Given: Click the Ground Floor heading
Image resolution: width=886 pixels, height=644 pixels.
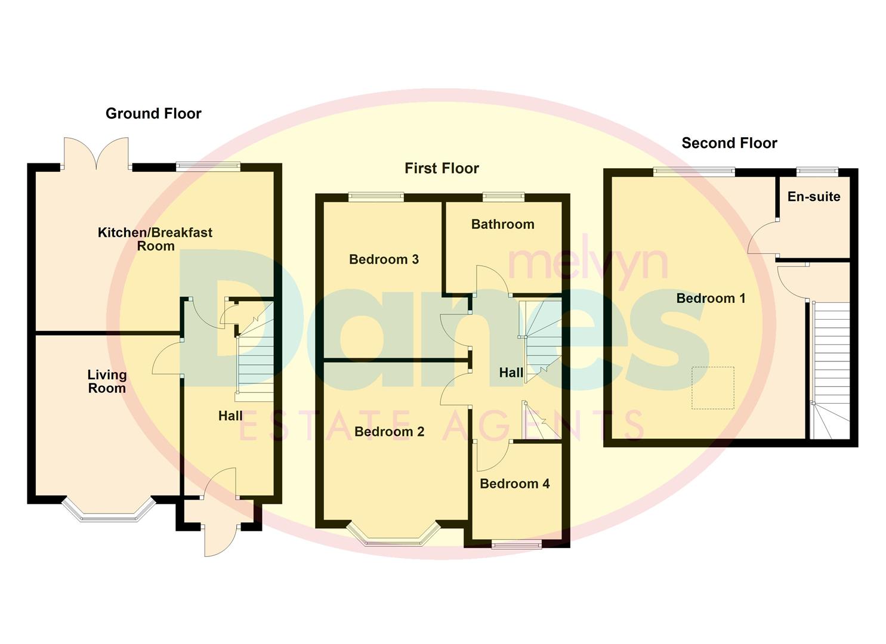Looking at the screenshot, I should click(153, 113).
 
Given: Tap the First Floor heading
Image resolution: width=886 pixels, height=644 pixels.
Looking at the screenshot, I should click(442, 168).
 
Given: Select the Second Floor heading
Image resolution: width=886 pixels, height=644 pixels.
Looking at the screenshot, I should click(729, 143).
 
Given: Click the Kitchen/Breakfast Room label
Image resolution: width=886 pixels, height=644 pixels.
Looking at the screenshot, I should click(155, 239).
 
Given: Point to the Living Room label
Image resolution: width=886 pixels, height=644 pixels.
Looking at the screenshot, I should click(107, 381).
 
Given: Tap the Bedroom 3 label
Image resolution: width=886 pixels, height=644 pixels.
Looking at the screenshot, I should click(384, 259).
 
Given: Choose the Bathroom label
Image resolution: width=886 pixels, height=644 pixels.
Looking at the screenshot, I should click(502, 224).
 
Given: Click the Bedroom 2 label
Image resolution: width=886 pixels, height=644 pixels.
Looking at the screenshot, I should click(389, 432).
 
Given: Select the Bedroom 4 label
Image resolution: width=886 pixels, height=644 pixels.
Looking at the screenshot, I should click(514, 484).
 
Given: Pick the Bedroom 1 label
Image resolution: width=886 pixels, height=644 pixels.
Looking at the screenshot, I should click(711, 298).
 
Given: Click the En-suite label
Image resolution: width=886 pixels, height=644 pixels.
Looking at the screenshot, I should click(814, 197).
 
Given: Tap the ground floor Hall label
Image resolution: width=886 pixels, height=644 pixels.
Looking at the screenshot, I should click(230, 416).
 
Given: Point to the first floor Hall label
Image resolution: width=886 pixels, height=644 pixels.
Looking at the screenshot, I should click(511, 373).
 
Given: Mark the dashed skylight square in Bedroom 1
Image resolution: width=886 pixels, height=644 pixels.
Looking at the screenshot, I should click(712, 388).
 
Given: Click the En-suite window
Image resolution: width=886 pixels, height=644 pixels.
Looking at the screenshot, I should click(817, 172).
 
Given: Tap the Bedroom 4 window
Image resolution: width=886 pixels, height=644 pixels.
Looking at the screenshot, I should click(517, 544).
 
